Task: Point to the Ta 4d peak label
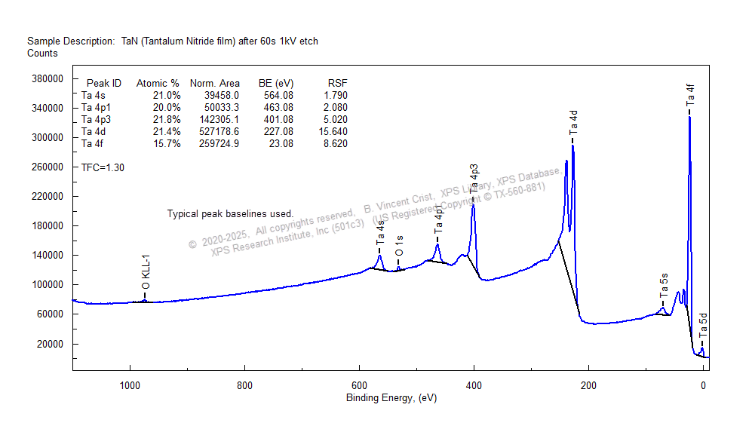click(573, 122)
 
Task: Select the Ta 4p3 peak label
click(474, 179)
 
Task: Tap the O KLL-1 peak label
click(146, 272)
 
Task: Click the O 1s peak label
click(399, 243)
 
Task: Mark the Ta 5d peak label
click(702, 325)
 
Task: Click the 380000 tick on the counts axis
click(45, 78)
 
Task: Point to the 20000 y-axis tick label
click(48, 344)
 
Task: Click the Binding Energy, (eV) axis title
click(391, 398)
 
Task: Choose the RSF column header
click(337, 84)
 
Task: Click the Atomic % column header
click(157, 84)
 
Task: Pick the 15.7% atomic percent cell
click(167, 144)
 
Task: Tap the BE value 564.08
click(276, 96)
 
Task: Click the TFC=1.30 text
click(103, 168)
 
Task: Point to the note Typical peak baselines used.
click(230, 214)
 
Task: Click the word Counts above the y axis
click(42, 54)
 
